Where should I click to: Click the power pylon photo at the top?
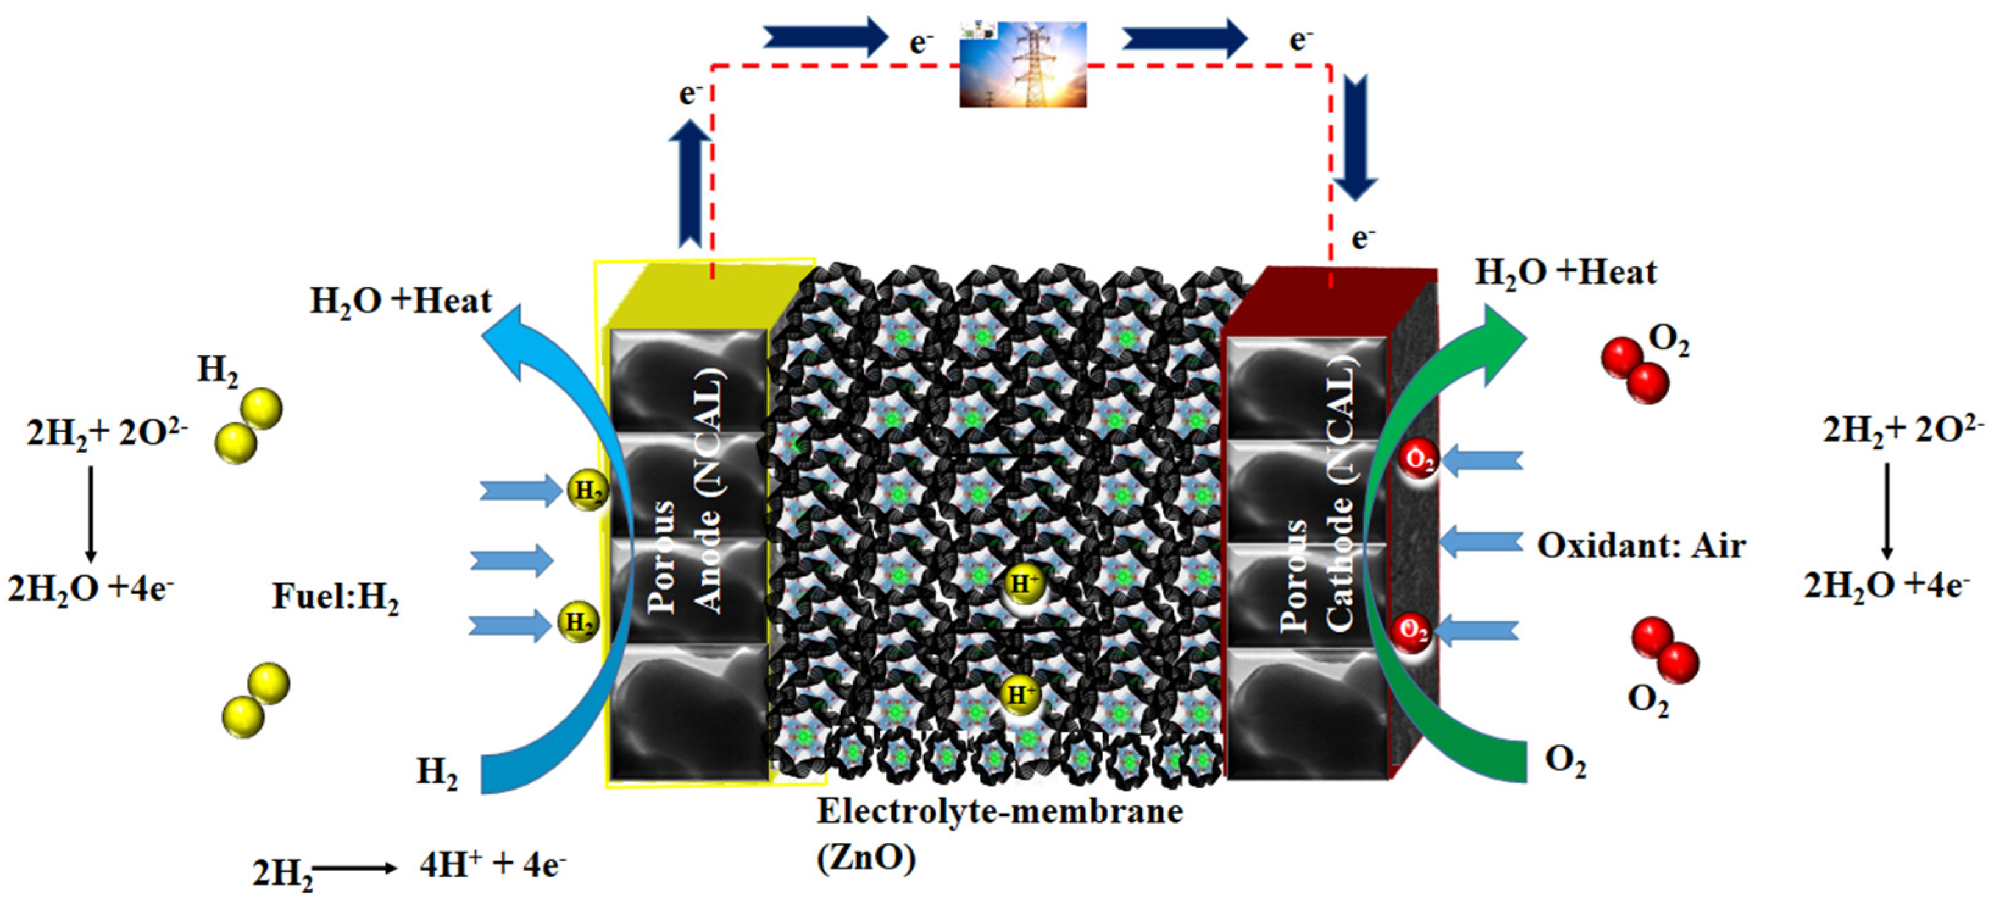coord(1022,64)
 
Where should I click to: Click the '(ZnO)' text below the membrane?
coord(866,857)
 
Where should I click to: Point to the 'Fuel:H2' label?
coord(335,597)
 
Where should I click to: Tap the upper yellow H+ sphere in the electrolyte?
coord(1024,584)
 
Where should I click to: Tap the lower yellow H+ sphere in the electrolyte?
coord(1020,694)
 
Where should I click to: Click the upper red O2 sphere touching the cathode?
coord(1419,460)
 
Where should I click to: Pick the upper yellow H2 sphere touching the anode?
coord(588,491)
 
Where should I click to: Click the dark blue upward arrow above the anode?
coord(689,185)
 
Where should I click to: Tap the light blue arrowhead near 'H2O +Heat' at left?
coord(510,340)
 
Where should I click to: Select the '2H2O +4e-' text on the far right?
coord(1887,585)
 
